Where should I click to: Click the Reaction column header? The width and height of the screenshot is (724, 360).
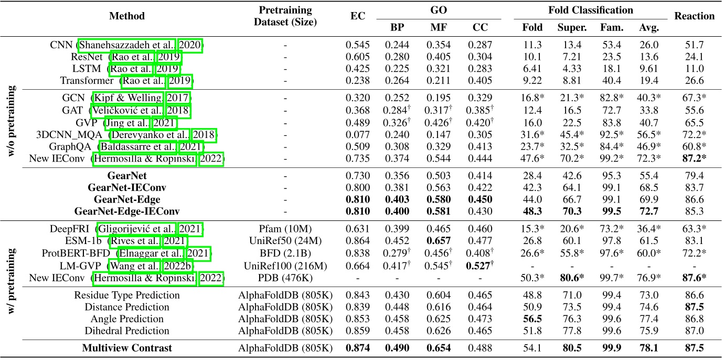[x=695, y=16]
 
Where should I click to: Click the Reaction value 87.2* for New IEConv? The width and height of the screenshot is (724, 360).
[x=695, y=158]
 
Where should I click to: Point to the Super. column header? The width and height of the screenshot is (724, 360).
[x=568, y=27]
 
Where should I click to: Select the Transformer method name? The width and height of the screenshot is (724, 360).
[x=87, y=80]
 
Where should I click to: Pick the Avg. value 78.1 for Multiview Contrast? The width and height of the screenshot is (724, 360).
[x=645, y=347]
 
